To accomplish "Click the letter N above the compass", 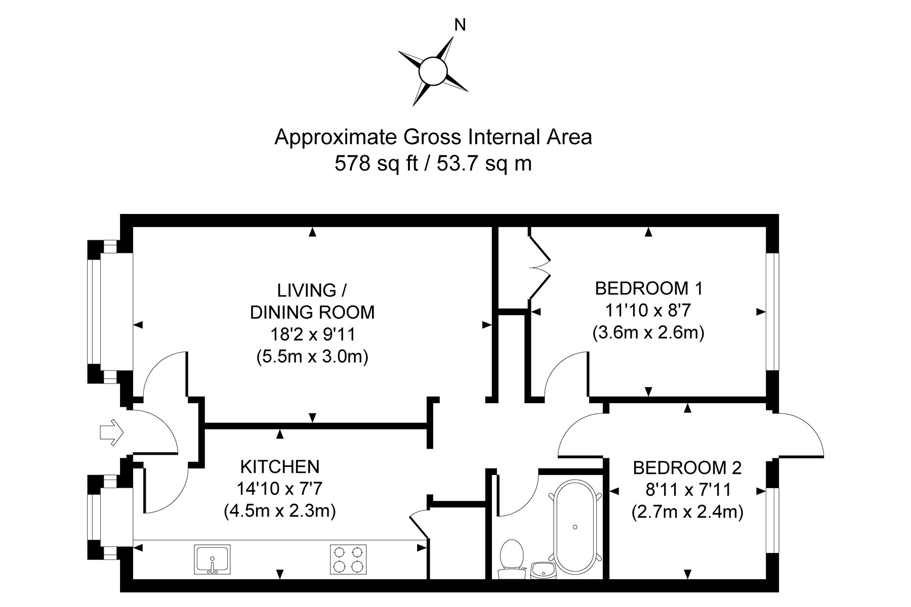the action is tap(460, 25).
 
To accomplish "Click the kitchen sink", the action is tap(212, 559).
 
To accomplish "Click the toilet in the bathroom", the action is tap(511, 557).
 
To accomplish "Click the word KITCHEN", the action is tap(279, 466).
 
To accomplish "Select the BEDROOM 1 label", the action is tap(648, 288).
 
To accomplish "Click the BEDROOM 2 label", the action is tap(687, 468).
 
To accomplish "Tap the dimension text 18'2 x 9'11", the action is tap(312, 334).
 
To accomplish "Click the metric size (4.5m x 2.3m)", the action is tap(280, 511).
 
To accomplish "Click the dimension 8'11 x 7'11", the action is tap(687, 490).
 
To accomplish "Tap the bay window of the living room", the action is tap(96, 312).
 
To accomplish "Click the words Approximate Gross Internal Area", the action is tap(433, 137).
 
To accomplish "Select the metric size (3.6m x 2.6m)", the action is tap(648, 333).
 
